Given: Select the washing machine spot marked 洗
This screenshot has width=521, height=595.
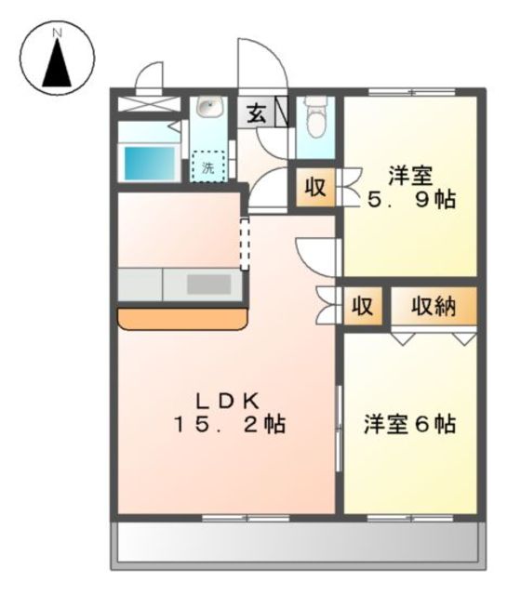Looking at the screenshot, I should coord(208,167).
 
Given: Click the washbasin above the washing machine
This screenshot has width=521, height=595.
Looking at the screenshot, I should coord(207,110).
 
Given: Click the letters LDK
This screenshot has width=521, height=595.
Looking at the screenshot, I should coord(227,400).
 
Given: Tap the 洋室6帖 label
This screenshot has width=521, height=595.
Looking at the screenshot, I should coord(409,425).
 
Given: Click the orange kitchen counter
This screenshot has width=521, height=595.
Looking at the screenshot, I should coord(182,318).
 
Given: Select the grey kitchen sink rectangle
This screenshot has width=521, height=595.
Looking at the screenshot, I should coord(207,284).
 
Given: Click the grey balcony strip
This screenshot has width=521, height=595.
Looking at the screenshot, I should coord(298,544).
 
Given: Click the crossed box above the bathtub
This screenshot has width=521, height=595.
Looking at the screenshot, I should coord(149,105).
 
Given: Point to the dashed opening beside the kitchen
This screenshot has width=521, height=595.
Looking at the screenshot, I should coord(245,244).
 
